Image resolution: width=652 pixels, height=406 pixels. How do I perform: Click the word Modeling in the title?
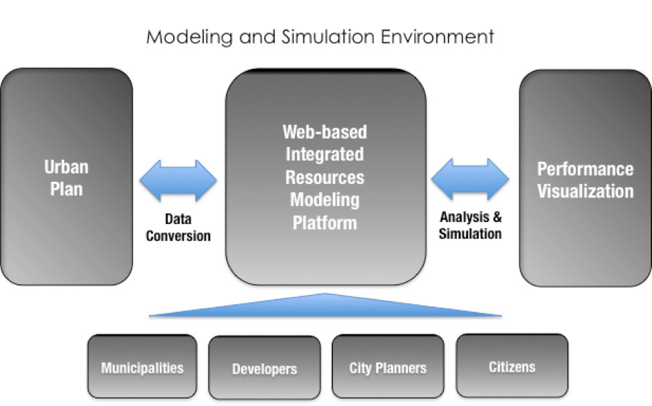tap(189, 37)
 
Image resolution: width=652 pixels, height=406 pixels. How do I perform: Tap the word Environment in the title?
tap(437, 37)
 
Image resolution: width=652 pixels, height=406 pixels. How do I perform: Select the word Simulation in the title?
tap(328, 37)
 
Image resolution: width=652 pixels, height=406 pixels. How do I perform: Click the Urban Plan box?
tap(66, 177)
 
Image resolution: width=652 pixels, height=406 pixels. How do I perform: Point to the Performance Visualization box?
tap(585, 178)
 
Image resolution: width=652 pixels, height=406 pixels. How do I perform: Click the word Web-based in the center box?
tap(325, 132)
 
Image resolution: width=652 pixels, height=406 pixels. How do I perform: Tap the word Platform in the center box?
tap(325, 223)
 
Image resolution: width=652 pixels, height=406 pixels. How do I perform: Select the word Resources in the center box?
tap(325, 178)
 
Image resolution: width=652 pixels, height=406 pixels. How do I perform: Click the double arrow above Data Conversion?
tap(178, 181)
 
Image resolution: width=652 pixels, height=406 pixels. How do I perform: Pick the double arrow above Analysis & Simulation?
tap(470, 179)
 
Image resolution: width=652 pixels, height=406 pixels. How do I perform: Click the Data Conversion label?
tap(179, 227)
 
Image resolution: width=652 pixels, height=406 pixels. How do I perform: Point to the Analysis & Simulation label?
tap(470, 225)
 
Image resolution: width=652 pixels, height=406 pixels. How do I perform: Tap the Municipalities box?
tap(142, 367)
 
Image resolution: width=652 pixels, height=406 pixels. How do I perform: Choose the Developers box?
tap(264, 368)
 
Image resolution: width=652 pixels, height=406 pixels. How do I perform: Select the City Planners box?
tap(388, 367)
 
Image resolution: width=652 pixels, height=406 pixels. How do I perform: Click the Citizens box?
tap(512, 366)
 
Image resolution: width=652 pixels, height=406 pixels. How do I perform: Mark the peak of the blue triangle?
tap(326, 293)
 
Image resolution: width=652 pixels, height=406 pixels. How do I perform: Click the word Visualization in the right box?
tap(586, 191)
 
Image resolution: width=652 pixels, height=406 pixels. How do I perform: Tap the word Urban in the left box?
tap(66, 167)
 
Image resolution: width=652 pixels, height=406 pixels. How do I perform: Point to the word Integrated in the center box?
tap(325, 155)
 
